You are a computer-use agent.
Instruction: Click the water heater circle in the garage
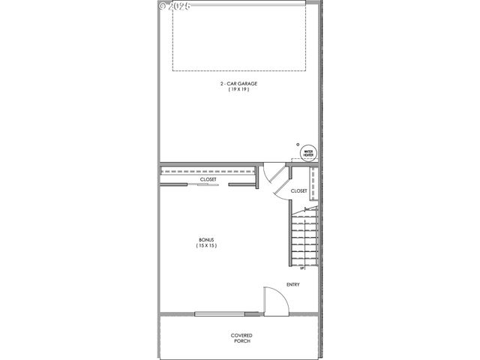(x=307, y=153)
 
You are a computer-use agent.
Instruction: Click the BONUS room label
(x=206, y=239)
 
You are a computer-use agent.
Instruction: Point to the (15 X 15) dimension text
(x=206, y=245)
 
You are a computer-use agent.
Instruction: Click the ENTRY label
(x=293, y=284)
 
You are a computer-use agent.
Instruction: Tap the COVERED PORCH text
(x=241, y=337)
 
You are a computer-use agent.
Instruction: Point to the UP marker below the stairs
(x=302, y=268)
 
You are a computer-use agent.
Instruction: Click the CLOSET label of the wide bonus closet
(x=208, y=180)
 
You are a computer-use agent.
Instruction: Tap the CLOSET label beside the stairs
(x=298, y=190)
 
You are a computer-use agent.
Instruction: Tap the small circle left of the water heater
(x=297, y=144)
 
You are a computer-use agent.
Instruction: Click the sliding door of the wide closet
(x=208, y=184)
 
